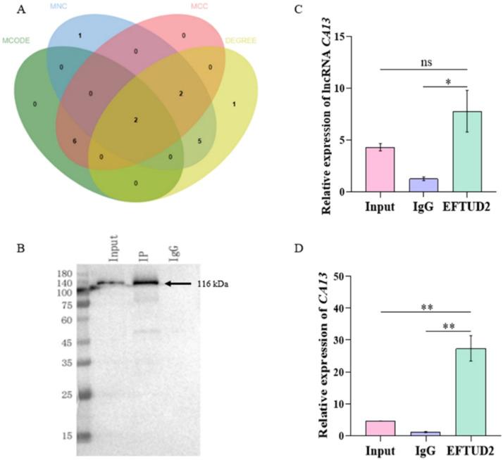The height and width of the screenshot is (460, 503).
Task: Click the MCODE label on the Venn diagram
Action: (17, 40)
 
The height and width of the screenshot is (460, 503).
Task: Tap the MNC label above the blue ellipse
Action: (59, 6)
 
